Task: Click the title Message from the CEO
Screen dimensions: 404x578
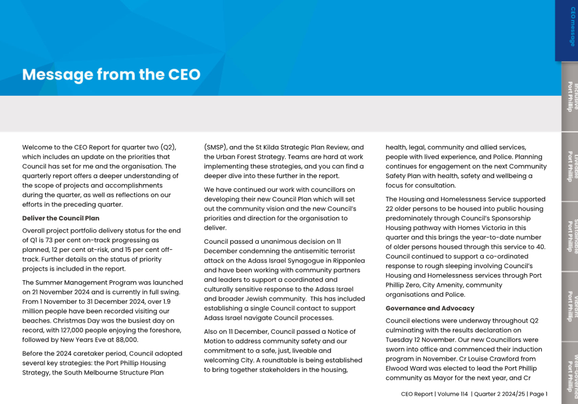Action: pos(111,74)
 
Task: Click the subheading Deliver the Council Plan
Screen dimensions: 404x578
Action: pos(61,218)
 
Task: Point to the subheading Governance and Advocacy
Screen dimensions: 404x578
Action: pos(430,308)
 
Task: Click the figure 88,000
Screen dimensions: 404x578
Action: pos(127,340)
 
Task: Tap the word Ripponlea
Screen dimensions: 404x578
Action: pos(349,261)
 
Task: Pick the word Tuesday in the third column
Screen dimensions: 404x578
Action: pos(398,340)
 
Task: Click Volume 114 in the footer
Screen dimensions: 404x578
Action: pos(452,394)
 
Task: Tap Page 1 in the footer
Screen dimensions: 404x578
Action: pos(539,394)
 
